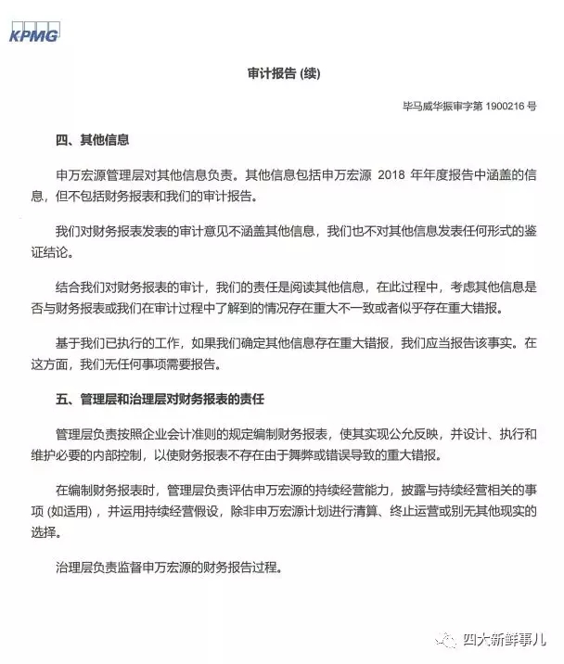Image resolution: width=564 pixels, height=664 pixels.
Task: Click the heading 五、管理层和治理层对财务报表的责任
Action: tap(160, 400)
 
